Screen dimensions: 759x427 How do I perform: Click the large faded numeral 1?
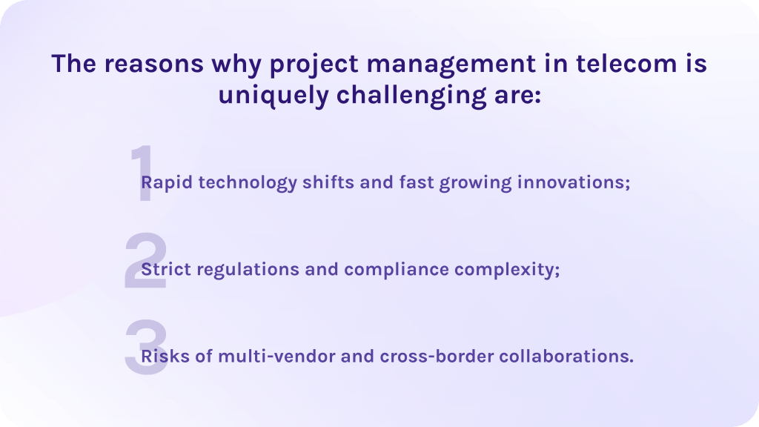(x=145, y=173)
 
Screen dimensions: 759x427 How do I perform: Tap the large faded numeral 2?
(x=146, y=260)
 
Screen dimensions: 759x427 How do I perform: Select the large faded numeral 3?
(x=146, y=348)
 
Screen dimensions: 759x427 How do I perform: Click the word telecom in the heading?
(x=626, y=64)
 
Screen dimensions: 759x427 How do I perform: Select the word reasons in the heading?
(x=154, y=64)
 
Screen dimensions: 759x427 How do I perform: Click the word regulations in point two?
(x=248, y=270)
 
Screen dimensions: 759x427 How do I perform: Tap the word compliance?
(x=397, y=270)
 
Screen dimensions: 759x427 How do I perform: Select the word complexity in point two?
(x=504, y=270)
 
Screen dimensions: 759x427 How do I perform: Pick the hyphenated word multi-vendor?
(x=276, y=356)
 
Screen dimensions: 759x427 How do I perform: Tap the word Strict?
(x=166, y=268)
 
